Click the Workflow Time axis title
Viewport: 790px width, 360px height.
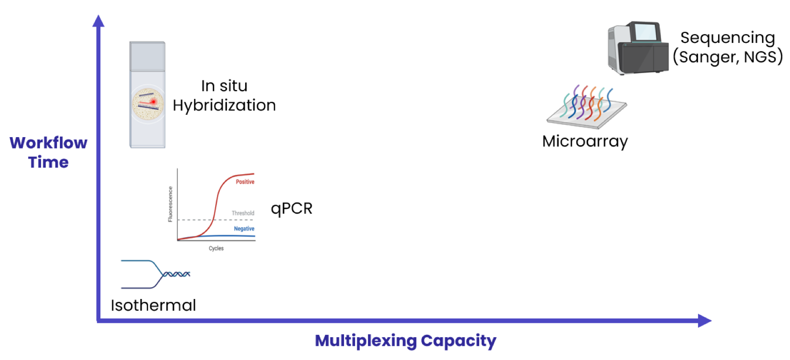pyautogui.click(x=48, y=152)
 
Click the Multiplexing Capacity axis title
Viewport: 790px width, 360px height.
pyautogui.click(x=405, y=340)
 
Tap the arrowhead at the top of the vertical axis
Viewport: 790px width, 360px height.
pyautogui.click(x=99, y=21)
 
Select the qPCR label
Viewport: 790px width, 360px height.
pyautogui.click(x=291, y=209)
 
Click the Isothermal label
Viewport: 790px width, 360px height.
pyautogui.click(x=153, y=305)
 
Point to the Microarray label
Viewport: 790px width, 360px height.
pyautogui.click(x=585, y=141)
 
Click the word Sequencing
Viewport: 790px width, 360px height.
pyautogui.click(x=728, y=38)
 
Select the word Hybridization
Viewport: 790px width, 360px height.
pyautogui.click(x=224, y=105)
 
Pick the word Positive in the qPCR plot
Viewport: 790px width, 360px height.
pyautogui.click(x=245, y=182)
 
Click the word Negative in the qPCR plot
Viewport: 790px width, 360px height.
pyautogui.click(x=244, y=229)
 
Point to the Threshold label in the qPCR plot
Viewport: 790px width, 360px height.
pyautogui.click(x=243, y=213)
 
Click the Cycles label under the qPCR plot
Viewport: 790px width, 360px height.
pyautogui.click(x=216, y=248)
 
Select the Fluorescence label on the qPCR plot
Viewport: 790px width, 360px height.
pyautogui.click(x=170, y=204)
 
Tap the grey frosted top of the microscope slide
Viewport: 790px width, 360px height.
pyautogui.click(x=148, y=57)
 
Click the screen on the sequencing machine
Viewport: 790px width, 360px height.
pyautogui.click(x=645, y=32)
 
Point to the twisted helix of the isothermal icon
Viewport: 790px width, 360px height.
pyautogui.click(x=176, y=274)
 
